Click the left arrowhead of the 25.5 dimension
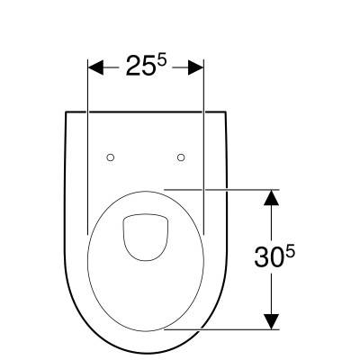(95, 67)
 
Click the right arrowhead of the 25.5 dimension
(196, 67)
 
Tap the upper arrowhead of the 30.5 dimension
(272, 197)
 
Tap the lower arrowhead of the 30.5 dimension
(272, 321)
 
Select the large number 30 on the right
(269, 256)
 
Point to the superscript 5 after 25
(161, 62)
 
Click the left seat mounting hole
(111, 157)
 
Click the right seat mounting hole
(181, 157)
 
